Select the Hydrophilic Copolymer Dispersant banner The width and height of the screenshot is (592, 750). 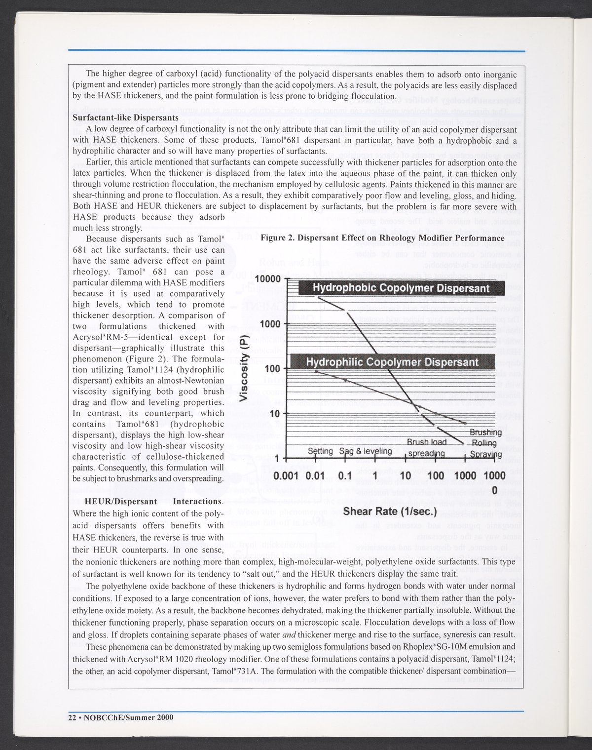(x=392, y=362)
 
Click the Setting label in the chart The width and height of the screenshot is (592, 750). (x=320, y=452)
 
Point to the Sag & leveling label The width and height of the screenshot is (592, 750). (x=366, y=452)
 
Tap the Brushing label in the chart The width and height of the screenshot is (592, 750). (x=486, y=433)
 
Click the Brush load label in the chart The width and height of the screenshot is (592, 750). (x=426, y=442)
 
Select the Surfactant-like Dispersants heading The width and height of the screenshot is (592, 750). (x=126, y=118)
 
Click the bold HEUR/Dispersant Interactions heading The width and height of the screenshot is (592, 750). (x=148, y=502)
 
